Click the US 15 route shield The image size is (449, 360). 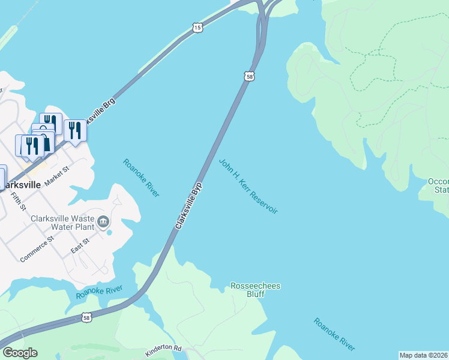point(198,27)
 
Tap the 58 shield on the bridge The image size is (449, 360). point(250,76)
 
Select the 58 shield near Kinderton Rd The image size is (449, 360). point(87,317)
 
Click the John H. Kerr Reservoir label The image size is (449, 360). point(248,186)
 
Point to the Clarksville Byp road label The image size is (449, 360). point(188,205)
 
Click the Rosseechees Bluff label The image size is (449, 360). point(255,290)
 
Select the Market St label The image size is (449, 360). point(57,176)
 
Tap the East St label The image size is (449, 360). point(80,244)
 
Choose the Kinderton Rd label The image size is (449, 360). point(163,348)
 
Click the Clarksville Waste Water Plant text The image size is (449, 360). point(62,223)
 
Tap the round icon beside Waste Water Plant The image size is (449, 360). point(103,223)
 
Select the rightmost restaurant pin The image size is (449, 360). point(75,130)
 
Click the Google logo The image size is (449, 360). point(20,352)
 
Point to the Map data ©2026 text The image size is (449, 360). point(423,355)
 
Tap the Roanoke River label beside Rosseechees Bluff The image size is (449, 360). point(334,334)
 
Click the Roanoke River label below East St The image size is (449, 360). point(99,292)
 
